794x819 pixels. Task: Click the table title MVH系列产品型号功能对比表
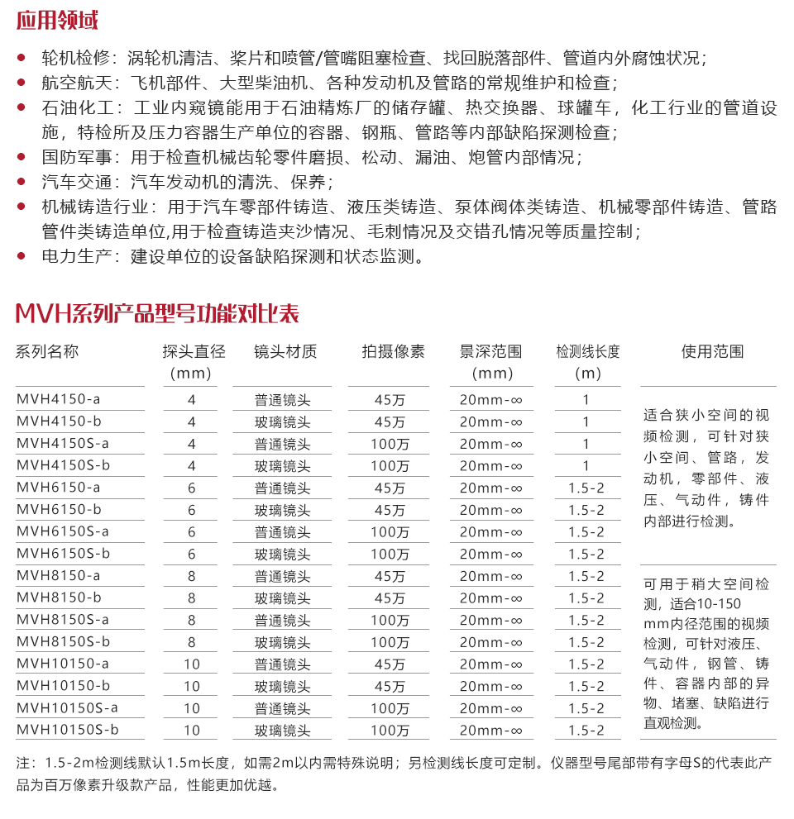[157, 314]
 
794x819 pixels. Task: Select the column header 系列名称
[47, 352]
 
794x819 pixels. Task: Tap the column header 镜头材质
[285, 352]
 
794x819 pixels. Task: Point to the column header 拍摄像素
[393, 352]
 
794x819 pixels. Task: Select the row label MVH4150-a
[58, 400]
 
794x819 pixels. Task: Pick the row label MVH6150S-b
[63, 554]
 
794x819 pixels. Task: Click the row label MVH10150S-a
[67, 708]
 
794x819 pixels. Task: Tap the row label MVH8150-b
[58, 598]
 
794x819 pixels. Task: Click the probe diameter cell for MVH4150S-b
[192, 466]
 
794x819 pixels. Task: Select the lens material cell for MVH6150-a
[282, 488]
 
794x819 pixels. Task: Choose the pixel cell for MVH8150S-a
[390, 620]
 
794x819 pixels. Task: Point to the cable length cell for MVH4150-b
[586, 421]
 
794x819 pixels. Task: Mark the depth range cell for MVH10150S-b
[491, 730]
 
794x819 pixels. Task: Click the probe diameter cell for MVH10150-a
[192, 664]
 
